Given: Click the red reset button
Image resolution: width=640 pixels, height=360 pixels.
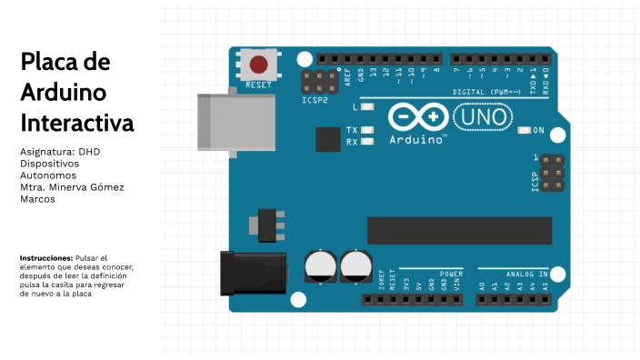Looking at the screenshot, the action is click(259, 65).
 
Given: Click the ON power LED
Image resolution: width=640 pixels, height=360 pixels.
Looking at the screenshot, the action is click(524, 131).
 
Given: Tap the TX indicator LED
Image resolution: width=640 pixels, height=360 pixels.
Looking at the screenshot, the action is click(367, 131).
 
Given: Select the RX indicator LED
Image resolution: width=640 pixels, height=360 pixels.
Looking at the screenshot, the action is click(367, 142).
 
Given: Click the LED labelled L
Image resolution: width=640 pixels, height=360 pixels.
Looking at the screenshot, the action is click(367, 107).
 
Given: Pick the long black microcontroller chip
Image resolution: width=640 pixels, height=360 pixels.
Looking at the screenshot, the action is click(459, 231).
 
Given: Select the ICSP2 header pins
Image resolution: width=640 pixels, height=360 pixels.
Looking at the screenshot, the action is click(320, 81).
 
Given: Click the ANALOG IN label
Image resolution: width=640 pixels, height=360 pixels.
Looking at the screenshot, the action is click(526, 273).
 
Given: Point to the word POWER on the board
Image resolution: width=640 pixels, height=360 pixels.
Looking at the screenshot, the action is click(450, 273).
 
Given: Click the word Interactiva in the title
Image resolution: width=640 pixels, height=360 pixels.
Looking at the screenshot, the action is click(76, 122).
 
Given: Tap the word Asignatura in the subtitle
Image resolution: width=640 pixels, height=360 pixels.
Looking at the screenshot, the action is click(46, 151).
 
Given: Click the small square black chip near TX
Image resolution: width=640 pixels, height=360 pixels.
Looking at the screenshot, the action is click(327, 139).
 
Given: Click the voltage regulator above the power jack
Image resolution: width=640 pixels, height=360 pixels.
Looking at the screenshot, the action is click(267, 225).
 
